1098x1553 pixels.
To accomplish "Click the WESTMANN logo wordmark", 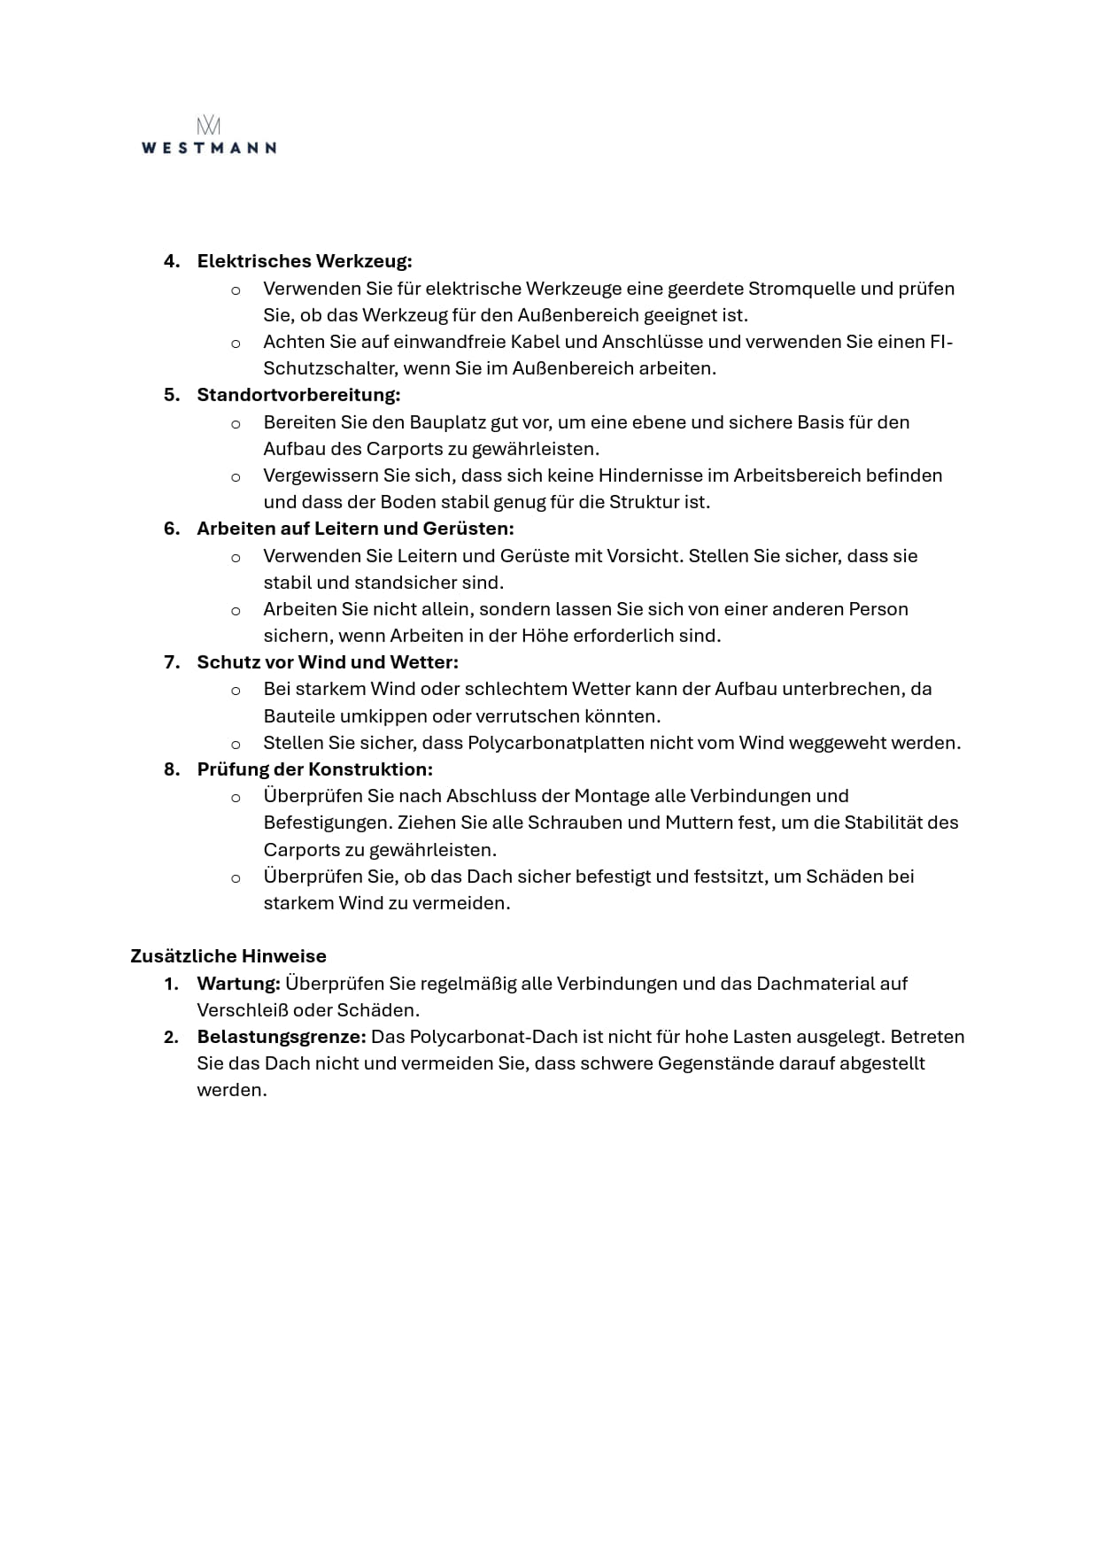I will (x=208, y=147).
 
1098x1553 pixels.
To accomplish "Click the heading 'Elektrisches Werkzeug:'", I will (x=304, y=261).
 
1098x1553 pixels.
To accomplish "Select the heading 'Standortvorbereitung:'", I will (x=298, y=395).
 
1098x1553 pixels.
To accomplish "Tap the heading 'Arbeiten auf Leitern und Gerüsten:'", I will (x=355, y=529).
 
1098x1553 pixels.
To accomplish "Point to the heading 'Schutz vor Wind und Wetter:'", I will (x=328, y=662).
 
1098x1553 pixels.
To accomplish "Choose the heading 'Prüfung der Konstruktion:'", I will (x=314, y=769).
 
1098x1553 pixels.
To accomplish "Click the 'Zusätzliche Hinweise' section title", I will (x=228, y=956).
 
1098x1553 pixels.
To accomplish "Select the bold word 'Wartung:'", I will (x=238, y=984).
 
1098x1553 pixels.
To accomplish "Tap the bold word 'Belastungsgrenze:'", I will (x=281, y=1037).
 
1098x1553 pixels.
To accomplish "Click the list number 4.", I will (x=172, y=261).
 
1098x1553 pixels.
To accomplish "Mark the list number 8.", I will (x=172, y=769).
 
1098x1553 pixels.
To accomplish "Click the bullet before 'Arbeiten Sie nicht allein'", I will (x=236, y=610).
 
